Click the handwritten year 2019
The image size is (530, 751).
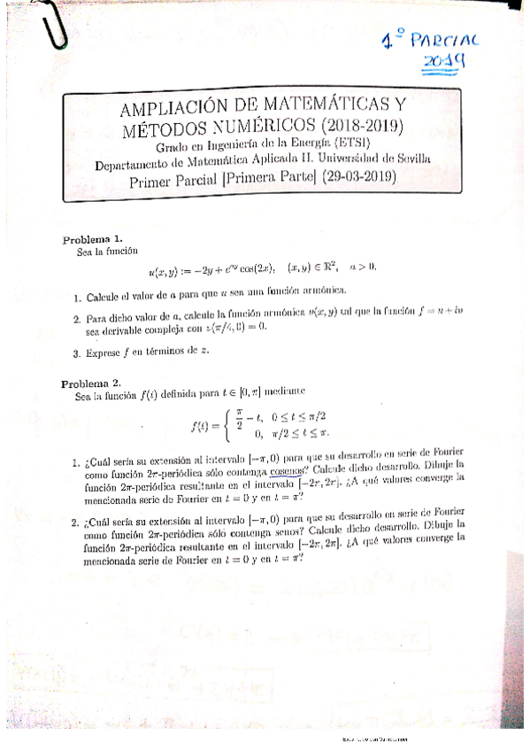445,62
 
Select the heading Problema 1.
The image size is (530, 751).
92,240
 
